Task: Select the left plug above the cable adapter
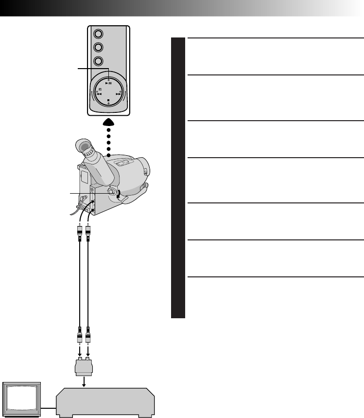pyautogui.click(x=79, y=336)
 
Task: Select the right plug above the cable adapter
pyautogui.click(x=88, y=336)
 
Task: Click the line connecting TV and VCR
pyautogui.click(x=49, y=405)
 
